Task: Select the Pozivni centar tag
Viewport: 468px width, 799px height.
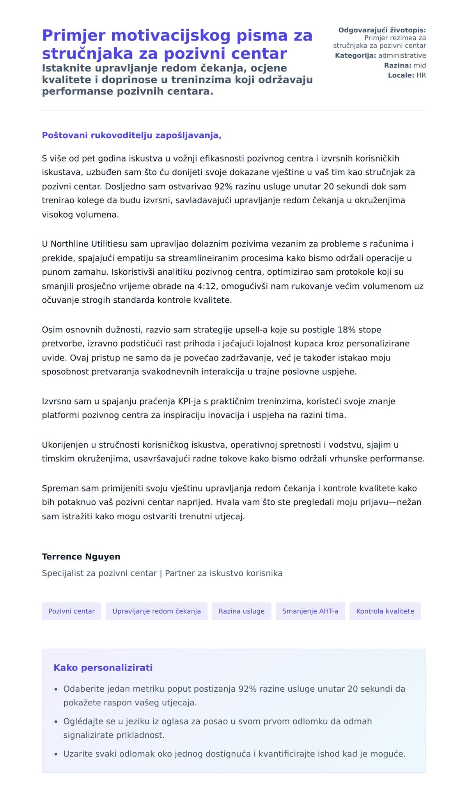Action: point(71,611)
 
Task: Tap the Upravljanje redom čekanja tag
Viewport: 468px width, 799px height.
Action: point(156,611)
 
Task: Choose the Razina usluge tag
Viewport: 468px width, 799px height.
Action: point(241,611)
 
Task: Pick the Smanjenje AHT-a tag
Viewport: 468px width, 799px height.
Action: point(310,611)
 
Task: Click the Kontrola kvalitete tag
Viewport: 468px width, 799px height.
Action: point(385,611)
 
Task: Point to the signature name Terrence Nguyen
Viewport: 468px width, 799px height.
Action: point(81,557)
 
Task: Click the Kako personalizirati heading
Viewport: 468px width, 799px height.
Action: point(103,668)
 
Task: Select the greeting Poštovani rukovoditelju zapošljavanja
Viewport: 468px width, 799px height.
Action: point(131,135)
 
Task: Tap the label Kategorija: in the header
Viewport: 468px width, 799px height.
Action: point(355,55)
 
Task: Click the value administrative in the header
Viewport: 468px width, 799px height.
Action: point(402,55)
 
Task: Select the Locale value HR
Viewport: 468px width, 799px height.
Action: point(421,75)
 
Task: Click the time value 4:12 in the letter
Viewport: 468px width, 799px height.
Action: point(206,286)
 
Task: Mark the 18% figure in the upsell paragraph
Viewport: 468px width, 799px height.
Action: point(347,330)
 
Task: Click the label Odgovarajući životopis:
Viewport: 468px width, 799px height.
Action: point(382,30)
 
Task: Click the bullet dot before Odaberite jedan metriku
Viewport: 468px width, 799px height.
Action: point(56,689)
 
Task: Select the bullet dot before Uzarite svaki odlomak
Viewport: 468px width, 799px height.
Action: point(56,754)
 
